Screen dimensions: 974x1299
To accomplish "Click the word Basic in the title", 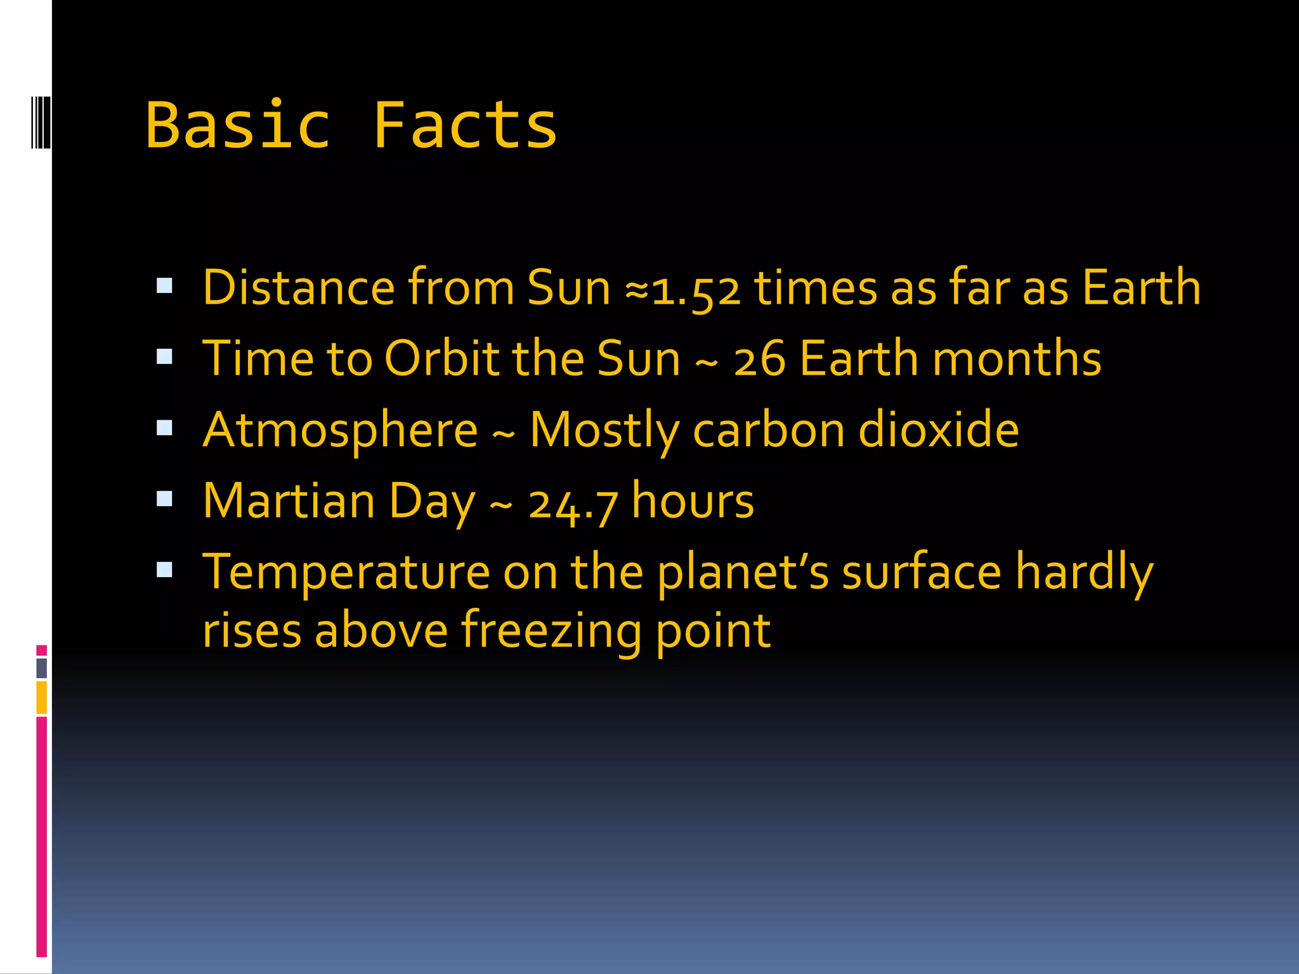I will pos(238,126).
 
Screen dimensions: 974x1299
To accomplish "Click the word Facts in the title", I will pos(464,126).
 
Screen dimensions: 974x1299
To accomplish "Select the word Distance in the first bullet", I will pos(299,288).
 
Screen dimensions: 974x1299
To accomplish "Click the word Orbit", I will pos(441,359).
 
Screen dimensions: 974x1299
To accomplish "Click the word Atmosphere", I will pos(340,431).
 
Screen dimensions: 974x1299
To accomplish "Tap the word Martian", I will pos(289,501).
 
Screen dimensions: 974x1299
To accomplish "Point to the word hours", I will pos(693,501).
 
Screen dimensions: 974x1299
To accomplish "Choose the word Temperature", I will pos(346,573).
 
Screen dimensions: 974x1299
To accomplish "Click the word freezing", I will pos(551,632).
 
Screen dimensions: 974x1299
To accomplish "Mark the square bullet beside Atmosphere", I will pos(164,428).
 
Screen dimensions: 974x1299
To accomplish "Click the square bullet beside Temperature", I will pos(164,570).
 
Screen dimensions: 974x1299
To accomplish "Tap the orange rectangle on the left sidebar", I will pos(42,698).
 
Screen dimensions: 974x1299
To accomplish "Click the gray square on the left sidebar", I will pos(42,668).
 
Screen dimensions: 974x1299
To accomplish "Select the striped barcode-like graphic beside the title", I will pos(41,122).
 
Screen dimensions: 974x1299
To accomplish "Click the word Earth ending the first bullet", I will pos(1141,288).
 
